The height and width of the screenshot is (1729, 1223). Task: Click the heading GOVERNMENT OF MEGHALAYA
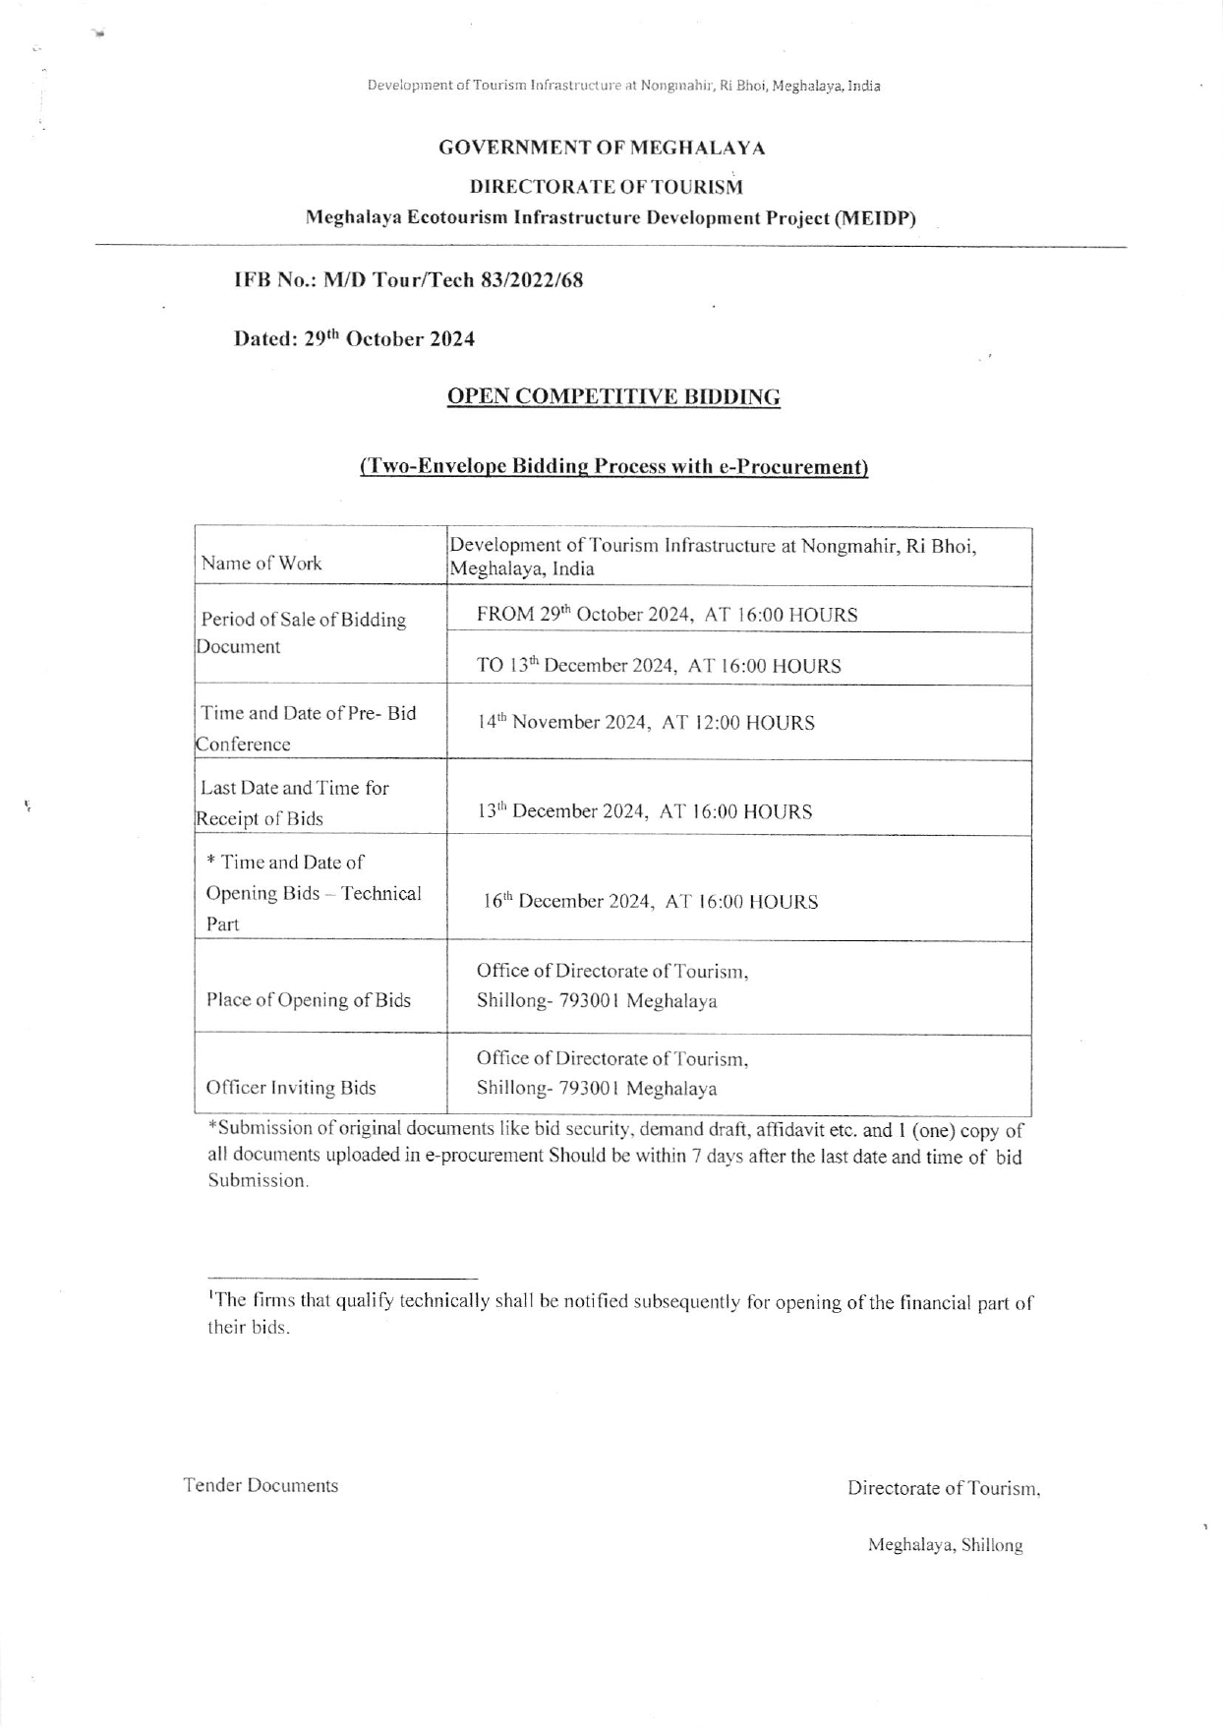point(602,149)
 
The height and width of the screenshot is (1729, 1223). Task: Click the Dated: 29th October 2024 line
point(354,338)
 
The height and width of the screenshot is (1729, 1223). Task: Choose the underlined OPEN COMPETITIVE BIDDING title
point(613,397)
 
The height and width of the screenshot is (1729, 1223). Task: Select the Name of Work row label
point(262,564)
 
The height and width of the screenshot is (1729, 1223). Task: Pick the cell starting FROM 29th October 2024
point(667,615)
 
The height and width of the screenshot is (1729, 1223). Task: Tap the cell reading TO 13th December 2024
point(659,666)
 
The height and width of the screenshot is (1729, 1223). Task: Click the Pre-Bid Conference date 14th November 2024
point(646,723)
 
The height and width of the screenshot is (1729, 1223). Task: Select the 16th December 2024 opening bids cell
point(650,902)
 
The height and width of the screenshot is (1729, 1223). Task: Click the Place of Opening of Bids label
point(308,1000)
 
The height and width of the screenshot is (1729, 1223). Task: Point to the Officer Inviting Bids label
point(290,1088)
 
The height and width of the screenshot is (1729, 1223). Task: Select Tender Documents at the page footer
point(261,1485)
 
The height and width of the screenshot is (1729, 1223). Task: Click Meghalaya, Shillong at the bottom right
point(945,1545)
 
